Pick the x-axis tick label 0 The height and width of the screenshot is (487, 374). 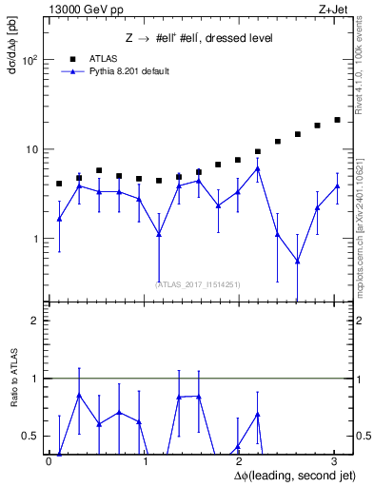pyautogui.click(x=49, y=461)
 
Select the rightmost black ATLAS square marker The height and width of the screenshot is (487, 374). pyautogui.click(x=337, y=120)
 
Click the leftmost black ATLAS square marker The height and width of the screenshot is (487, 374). pyautogui.click(x=59, y=184)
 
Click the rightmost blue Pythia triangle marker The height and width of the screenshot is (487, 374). pyautogui.click(x=337, y=186)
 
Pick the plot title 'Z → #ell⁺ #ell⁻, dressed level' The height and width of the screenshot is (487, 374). pyautogui.click(x=199, y=38)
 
